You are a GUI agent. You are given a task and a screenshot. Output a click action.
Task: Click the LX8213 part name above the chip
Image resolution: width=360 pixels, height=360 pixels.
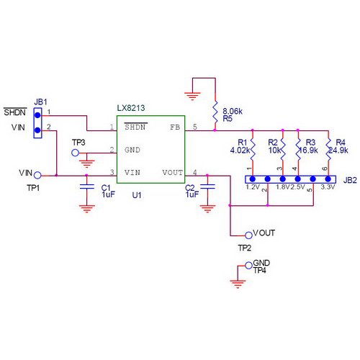click(131, 108)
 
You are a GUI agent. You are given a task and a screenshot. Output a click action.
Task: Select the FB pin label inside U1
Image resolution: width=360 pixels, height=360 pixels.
click(175, 127)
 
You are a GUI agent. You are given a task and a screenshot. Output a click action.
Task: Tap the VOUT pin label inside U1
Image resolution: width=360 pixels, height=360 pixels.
click(172, 173)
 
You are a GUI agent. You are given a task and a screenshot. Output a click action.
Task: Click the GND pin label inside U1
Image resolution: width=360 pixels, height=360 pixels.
click(132, 150)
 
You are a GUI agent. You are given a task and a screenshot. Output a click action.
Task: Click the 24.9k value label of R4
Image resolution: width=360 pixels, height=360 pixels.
click(338, 151)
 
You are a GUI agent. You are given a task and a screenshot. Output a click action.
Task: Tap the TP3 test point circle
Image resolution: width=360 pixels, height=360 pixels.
click(75, 153)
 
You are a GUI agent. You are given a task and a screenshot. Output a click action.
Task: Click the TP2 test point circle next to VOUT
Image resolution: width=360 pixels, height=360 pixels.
click(249, 235)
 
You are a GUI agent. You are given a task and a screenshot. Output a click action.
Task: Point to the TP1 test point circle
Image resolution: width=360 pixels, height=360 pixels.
click(37, 174)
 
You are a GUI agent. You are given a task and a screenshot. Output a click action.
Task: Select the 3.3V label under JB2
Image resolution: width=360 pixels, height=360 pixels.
click(328, 187)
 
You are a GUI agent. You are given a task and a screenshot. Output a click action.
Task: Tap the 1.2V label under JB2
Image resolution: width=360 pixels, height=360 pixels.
click(253, 187)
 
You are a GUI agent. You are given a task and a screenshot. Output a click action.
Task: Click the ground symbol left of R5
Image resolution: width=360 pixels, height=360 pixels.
click(192, 94)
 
